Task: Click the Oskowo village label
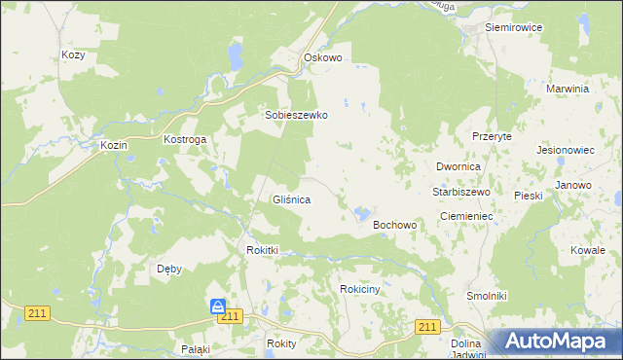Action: coord(323,58)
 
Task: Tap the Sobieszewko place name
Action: coord(297,115)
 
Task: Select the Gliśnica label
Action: coord(290,199)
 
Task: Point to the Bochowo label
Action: coord(395,225)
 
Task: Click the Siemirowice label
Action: coord(512,27)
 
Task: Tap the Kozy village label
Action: coord(73,55)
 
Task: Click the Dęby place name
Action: coord(169,269)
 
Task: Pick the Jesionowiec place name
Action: coord(566,151)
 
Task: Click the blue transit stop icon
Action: coord(218,306)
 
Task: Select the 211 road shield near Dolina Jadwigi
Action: coord(425,327)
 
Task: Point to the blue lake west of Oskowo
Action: coord(235,56)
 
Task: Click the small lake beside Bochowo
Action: coord(361,212)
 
